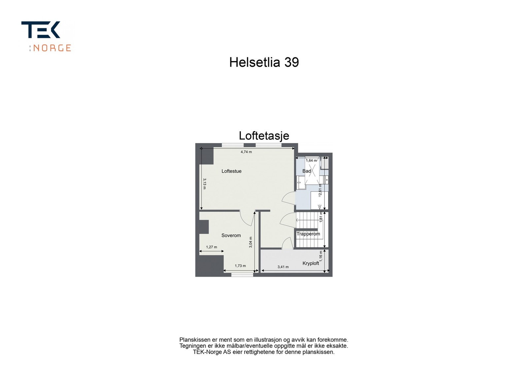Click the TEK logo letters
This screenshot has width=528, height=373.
coord(41,30)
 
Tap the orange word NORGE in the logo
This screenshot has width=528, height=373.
coord(52,48)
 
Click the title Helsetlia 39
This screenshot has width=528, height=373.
coord(264,62)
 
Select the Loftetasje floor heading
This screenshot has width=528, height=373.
coord(264,136)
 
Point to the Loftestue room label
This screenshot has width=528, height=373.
coord(231,171)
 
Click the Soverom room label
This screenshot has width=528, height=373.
coord(231,235)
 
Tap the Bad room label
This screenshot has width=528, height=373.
coord(307,171)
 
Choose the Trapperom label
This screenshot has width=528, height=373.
coord(308,234)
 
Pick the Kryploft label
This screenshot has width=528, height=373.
coord(311,263)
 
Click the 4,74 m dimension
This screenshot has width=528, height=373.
coord(246,152)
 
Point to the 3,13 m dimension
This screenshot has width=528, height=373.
coord(205,184)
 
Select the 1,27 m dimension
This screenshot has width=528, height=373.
coord(212,247)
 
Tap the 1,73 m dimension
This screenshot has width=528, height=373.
coord(240,266)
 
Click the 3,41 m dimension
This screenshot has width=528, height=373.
coord(283,267)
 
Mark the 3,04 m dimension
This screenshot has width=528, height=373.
coord(251,242)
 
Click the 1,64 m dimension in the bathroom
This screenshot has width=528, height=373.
coord(311,160)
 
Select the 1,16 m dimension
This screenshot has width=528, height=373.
coord(321,256)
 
